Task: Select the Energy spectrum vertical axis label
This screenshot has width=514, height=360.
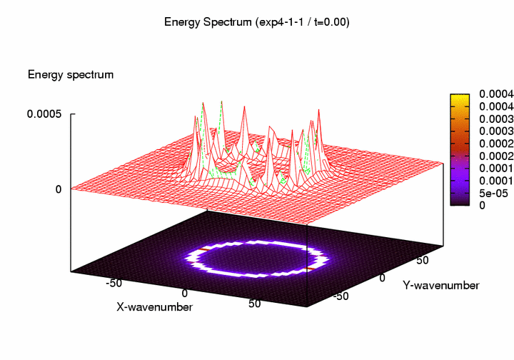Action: pyautogui.click(x=71, y=74)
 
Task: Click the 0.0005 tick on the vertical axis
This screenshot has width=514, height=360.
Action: pyautogui.click(x=44, y=114)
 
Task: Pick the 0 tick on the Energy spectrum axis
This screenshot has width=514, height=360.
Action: pyautogui.click(x=60, y=189)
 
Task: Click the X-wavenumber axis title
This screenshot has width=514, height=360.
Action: pyautogui.click(x=155, y=306)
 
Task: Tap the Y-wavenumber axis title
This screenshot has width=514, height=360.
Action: pyautogui.click(x=440, y=285)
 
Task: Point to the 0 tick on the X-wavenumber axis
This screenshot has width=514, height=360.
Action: pyautogui.click(x=185, y=294)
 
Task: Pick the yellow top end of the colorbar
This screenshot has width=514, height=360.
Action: pyautogui.click(x=459, y=96)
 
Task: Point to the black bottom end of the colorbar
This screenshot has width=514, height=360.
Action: pyautogui.click(x=459, y=202)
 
